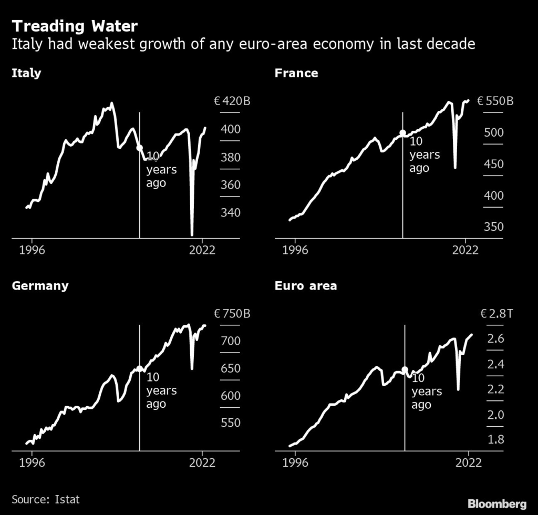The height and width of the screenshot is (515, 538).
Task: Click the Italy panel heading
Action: tap(26, 73)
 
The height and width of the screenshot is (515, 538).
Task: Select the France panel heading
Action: tap(296, 73)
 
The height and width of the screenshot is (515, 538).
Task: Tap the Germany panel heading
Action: tap(40, 286)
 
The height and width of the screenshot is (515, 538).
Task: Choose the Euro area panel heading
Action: tap(306, 286)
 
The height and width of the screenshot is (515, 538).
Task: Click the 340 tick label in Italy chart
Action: tap(230, 213)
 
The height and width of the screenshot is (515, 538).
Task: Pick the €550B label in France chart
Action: tap(495, 101)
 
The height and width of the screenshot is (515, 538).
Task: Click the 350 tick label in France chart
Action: tap(493, 227)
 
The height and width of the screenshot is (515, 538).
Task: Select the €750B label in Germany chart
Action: tap(232, 314)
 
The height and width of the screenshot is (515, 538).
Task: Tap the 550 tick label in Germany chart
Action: tap(230, 423)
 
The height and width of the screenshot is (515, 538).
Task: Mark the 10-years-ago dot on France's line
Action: tap(403, 133)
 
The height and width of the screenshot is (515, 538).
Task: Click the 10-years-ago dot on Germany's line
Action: tap(139, 369)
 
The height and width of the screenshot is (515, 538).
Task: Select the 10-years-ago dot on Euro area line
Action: tap(405, 370)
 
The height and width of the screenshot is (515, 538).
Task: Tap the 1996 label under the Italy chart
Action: tap(32, 250)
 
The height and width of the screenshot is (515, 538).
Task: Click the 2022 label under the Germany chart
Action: tap(202, 462)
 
